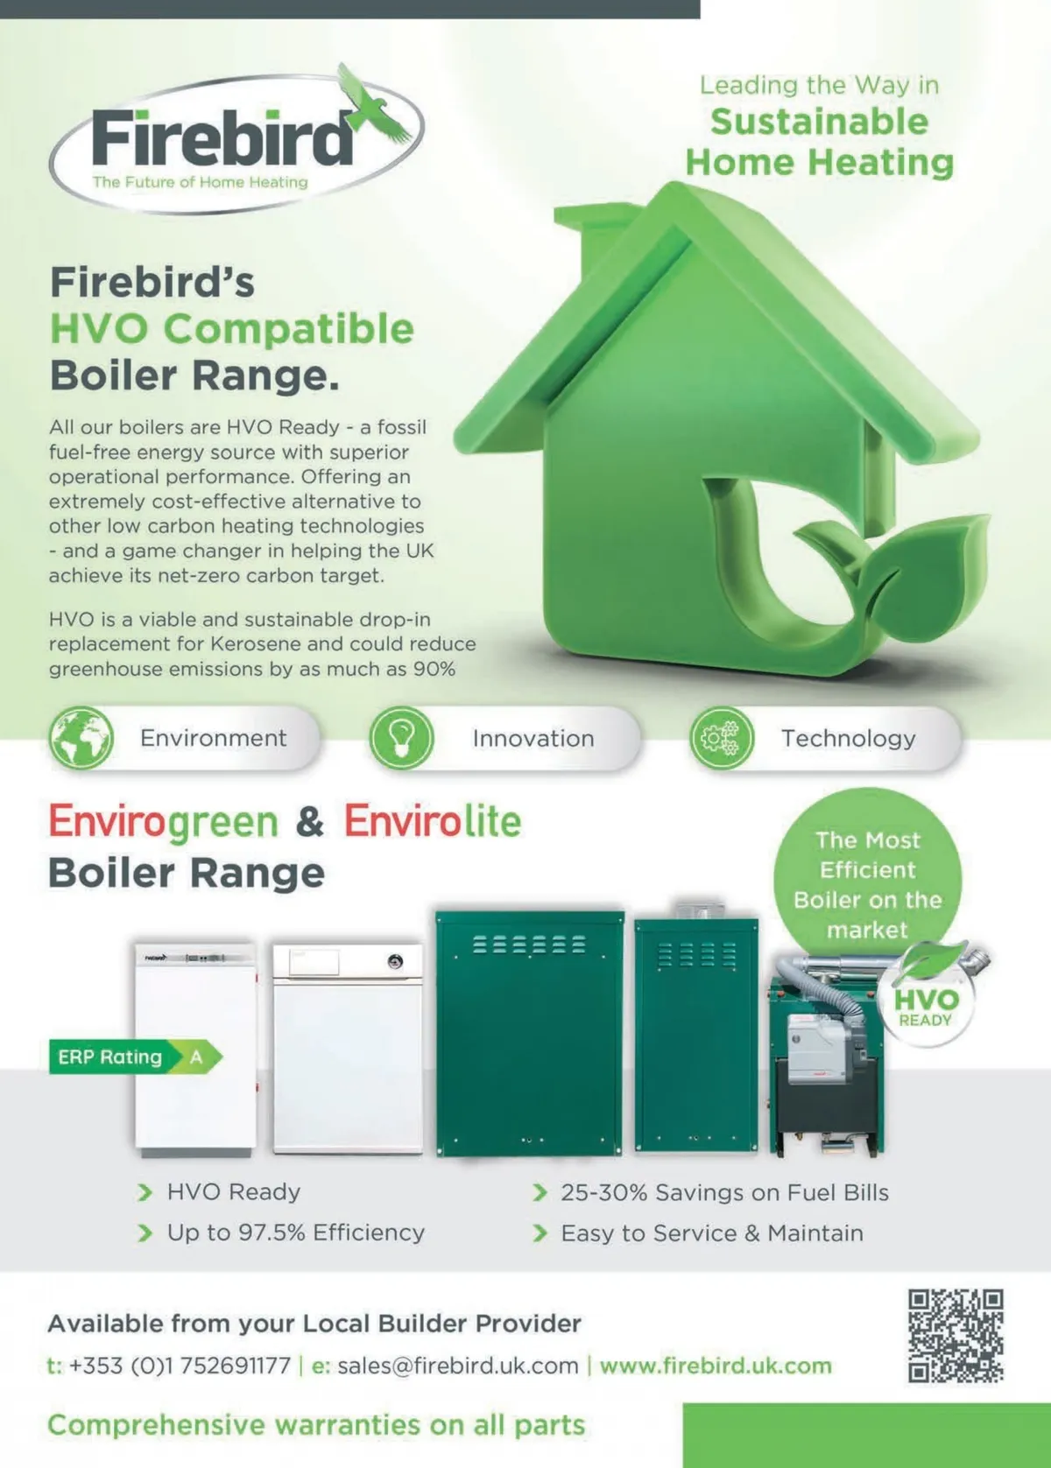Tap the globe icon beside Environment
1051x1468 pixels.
coord(81,738)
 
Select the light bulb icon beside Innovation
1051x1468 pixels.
coord(401,739)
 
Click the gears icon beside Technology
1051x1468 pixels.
coord(722,739)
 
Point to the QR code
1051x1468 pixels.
coord(956,1336)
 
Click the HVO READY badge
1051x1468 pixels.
coord(926,1000)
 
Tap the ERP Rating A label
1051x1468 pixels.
coord(135,1057)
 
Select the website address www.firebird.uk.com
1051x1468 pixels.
coord(716,1366)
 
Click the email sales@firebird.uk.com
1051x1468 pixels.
coord(458,1366)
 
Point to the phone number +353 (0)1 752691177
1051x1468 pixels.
coord(180,1366)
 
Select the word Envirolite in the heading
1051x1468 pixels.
coord(433,821)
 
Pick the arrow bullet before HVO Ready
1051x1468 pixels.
coord(145,1192)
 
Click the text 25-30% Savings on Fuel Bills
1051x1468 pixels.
coord(724,1192)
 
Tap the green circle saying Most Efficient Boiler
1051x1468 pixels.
coord(867,882)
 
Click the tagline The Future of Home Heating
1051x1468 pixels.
coord(200,182)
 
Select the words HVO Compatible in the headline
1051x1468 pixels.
coord(232,328)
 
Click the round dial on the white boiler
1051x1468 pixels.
coord(395,961)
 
